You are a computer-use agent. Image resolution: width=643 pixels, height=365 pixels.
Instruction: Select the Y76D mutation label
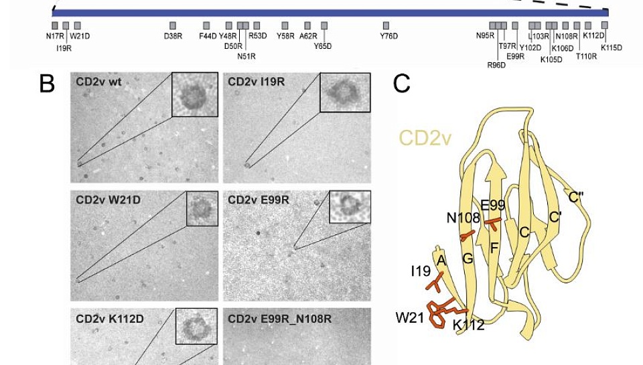tap(388, 35)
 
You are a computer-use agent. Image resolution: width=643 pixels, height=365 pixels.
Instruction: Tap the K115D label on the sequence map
tap(611, 47)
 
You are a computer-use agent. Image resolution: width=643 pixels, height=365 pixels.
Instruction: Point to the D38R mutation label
tap(173, 35)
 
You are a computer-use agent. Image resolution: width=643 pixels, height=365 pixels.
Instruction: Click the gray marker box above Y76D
tap(386, 25)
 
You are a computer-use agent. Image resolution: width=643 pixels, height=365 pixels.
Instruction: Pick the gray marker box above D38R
tap(173, 25)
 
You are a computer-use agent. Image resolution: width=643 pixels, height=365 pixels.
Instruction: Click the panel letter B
tap(47, 84)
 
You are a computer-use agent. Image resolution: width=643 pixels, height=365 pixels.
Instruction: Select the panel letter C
tap(402, 84)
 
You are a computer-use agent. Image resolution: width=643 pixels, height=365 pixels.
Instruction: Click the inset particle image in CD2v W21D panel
tap(202, 208)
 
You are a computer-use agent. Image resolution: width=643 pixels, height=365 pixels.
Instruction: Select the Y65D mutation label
tap(323, 46)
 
